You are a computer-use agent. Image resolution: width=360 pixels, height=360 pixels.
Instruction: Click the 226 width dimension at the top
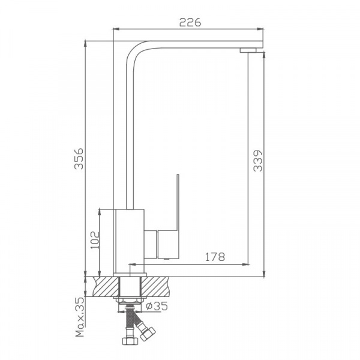190,22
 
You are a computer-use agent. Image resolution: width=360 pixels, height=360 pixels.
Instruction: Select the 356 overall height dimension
79,158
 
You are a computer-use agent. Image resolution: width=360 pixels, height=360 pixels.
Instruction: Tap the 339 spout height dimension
257,160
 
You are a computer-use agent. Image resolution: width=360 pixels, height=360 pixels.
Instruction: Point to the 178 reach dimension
214,257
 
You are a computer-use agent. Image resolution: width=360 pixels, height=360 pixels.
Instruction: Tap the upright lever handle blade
178,201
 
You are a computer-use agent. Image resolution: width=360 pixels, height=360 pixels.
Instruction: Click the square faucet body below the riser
130,236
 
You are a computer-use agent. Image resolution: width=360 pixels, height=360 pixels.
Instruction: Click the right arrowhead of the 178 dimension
246,264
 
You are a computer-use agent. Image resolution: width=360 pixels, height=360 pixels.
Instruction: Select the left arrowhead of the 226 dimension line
116,28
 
